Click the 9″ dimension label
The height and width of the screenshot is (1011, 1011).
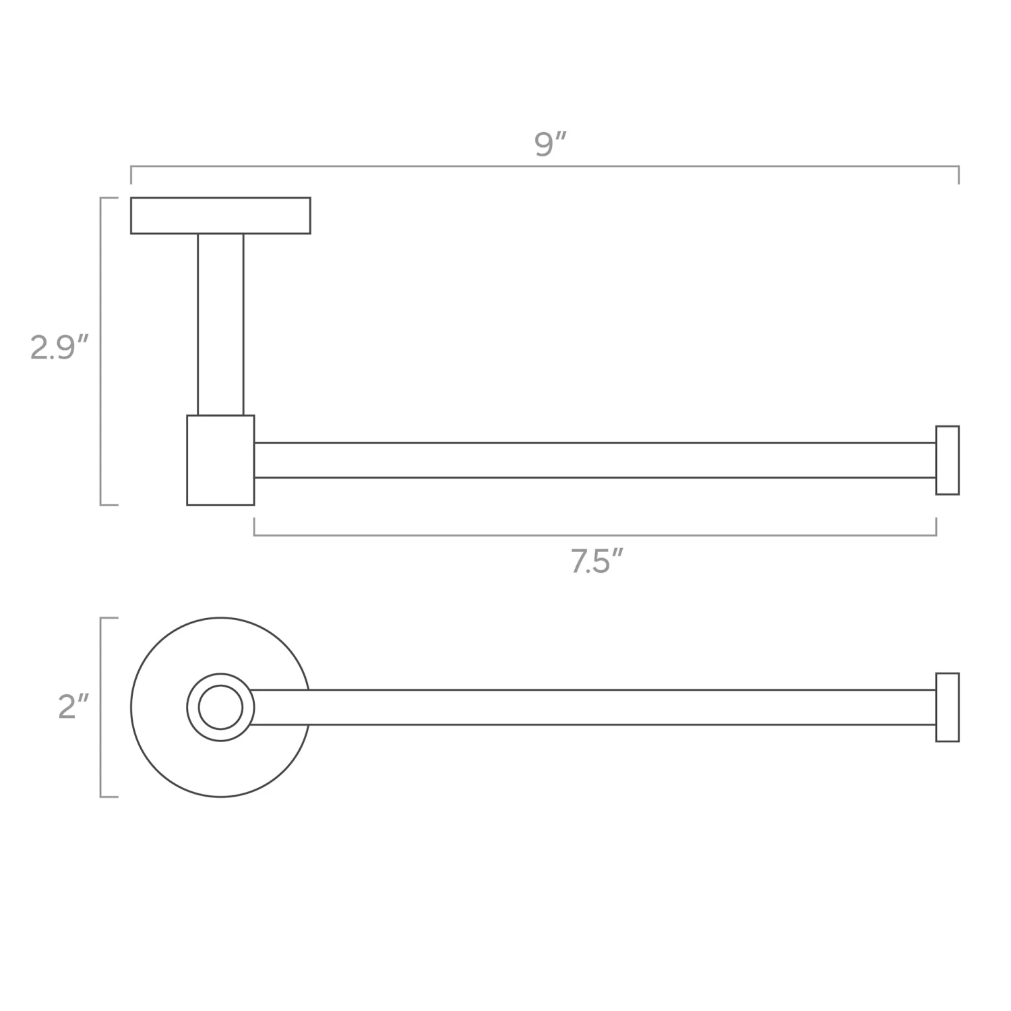pyautogui.click(x=549, y=144)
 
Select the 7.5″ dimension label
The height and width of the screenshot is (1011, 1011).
pyautogui.click(x=596, y=561)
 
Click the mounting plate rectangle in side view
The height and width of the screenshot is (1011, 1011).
pyautogui.click(x=220, y=216)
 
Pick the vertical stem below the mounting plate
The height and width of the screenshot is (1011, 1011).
pyautogui.click(x=220, y=324)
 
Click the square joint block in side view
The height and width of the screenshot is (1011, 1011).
pyautogui.click(x=220, y=460)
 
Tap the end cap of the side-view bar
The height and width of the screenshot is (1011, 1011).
pyautogui.click(x=947, y=460)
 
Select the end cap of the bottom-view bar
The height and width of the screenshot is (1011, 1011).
pyautogui.click(x=947, y=707)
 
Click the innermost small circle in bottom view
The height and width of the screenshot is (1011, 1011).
pyautogui.click(x=220, y=707)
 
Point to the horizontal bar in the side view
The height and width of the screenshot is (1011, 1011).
pyautogui.click(x=593, y=460)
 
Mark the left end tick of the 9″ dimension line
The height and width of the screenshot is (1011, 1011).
pyautogui.click(x=131, y=175)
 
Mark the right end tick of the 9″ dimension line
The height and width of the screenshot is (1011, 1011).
pyautogui.click(x=958, y=175)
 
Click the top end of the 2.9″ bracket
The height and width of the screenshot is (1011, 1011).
pyautogui.click(x=109, y=198)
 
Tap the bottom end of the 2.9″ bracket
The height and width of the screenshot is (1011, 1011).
pyautogui.click(x=109, y=504)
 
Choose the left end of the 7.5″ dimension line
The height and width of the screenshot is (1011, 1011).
pyautogui.click(x=255, y=526)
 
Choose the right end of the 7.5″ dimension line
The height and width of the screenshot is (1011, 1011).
pyautogui.click(x=936, y=526)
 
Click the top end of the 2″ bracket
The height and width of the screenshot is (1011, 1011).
pyautogui.click(x=109, y=618)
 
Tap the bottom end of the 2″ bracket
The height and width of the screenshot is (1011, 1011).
pyautogui.click(x=109, y=797)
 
